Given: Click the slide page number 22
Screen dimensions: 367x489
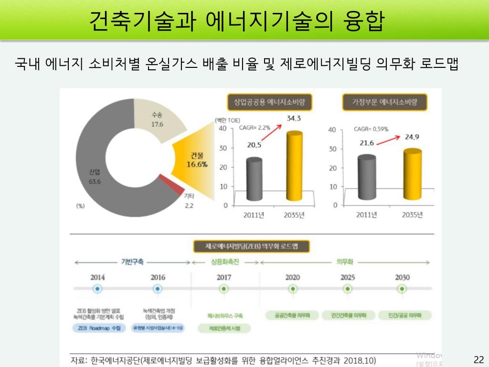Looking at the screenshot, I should (x=478, y=360).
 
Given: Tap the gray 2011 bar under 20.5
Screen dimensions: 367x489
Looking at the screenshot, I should (x=254, y=180).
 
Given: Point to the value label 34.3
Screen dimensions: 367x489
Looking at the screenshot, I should (x=293, y=119).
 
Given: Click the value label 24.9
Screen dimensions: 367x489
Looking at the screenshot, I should (x=412, y=137).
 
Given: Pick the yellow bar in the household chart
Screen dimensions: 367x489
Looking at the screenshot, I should (x=412, y=174).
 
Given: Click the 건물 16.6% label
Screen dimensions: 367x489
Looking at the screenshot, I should (x=197, y=160).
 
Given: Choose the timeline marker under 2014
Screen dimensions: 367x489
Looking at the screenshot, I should (x=97, y=289).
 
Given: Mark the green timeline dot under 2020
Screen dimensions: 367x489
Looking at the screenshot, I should (x=293, y=289).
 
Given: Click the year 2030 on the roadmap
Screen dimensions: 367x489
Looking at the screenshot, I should (x=402, y=277).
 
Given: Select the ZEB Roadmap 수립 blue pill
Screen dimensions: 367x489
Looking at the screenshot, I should (x=99, y=328).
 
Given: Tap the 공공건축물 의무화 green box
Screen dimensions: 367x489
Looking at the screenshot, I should (x=292, y=315).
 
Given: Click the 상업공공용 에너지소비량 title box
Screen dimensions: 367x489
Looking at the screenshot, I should (x=266, y=102).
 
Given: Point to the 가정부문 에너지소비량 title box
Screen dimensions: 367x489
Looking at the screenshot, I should (x=384, y=102).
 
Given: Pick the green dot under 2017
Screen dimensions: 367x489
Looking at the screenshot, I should (x=223, y=289).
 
